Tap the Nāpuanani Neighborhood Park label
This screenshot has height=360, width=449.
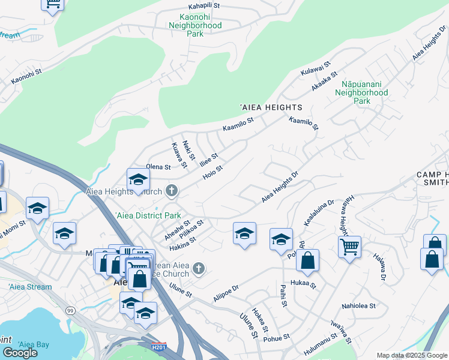(x=361, y=93)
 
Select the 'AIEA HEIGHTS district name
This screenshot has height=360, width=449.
(x=271, y=107)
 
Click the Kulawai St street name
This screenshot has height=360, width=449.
(x=316, y=68)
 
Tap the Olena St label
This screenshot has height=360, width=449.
(x=158, y=167)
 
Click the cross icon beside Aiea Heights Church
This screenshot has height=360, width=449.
(x=172, y=191)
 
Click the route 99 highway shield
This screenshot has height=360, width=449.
(x=71, y=311)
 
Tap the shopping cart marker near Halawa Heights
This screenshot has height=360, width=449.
(x=349, y=245)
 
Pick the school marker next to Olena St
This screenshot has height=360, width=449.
(x=138, y=179)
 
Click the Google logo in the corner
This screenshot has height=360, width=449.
(x=20, y=353)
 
